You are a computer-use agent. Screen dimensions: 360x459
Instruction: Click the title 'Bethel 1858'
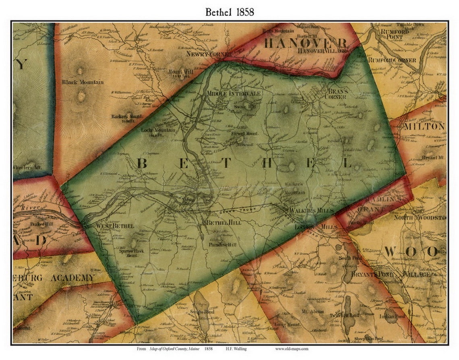pyautogui.click(x=229, y=12)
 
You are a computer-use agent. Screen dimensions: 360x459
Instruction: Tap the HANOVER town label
pyautogui.click(x=306, y=43)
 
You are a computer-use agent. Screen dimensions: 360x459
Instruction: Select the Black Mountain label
pyautogui.click(x=83, y=82)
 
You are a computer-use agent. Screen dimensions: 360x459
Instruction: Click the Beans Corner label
pyautogui.click(x=337, y=94)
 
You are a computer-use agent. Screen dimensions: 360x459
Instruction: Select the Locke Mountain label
pyautogui.click(x=158, y=130)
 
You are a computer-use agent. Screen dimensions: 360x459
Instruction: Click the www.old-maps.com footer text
pyautogui.click(x=292, y=349)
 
